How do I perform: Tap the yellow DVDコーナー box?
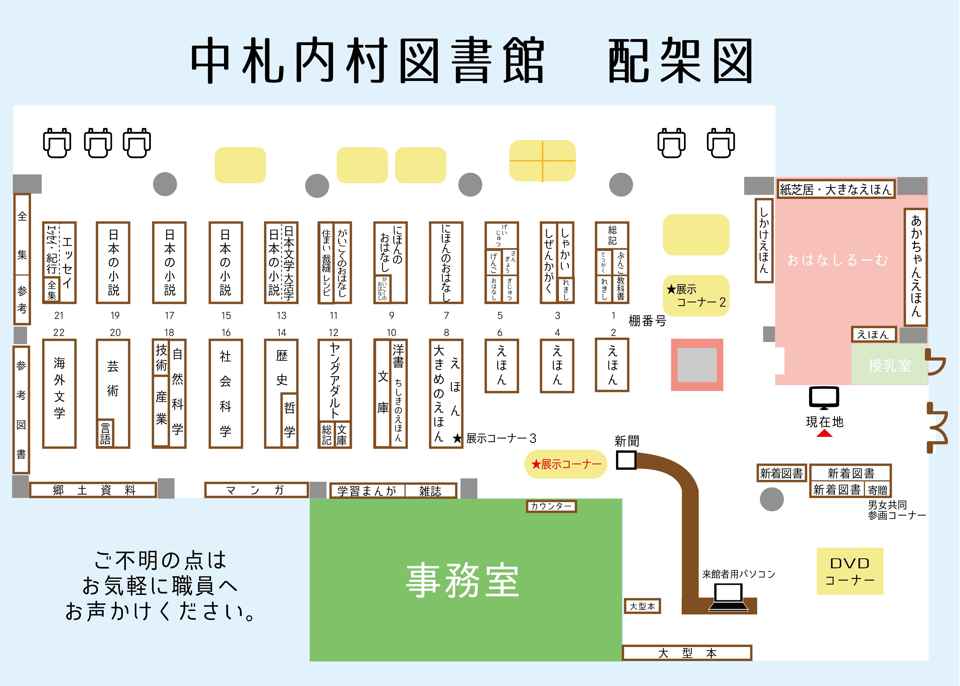pos(850,571)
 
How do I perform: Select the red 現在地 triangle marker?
pos(824,433)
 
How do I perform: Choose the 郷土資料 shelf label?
pos(93,490)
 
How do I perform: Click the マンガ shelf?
pos(256,490)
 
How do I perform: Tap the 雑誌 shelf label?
pos(430,491)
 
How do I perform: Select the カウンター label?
pos(551,506)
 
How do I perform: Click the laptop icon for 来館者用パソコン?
pos(728,597)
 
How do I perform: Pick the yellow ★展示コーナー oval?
pos(566,464)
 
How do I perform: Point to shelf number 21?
pos(59,316)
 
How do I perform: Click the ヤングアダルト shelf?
pos(334,380)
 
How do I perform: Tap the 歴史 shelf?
pos(281,367)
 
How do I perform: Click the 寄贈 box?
pos(878,490)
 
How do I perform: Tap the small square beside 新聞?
pos(626,460)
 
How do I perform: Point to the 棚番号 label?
pos(647,321)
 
